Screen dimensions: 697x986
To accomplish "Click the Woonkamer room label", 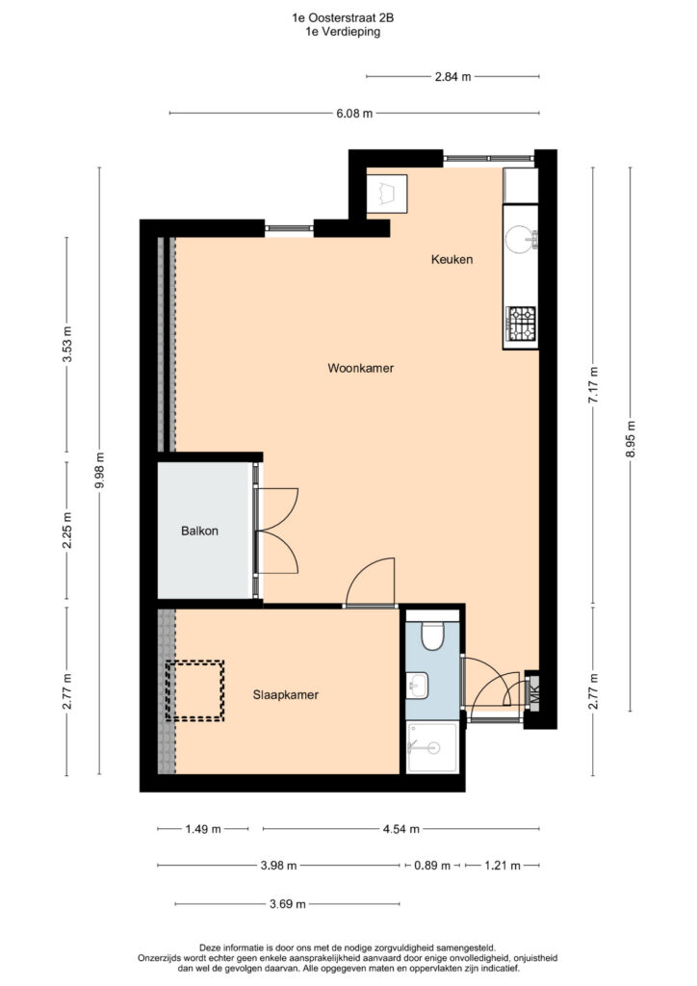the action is click(x=360, y=368).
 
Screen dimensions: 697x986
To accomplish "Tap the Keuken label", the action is click(x=452, y=259).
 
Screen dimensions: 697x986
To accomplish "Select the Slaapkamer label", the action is click(x=285, y=695).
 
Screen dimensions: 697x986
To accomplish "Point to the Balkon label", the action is click(x=199, y=531).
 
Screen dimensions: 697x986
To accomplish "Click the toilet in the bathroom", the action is click(x=432, y=635).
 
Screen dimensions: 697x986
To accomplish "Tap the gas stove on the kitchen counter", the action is click(x=521, y=324).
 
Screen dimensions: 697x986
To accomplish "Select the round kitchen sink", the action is click(x=519, y=240).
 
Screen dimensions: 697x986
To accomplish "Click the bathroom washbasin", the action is click(x=416, y=685).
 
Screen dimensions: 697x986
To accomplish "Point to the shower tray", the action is click(x=432, y=747).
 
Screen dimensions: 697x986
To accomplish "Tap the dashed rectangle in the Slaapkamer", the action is click(x=194, y=689).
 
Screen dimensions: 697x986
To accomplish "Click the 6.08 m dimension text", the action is click(x=354, y=114).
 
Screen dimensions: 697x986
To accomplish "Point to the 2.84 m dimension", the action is click(x=452, y=77).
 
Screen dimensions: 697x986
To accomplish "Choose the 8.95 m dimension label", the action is click(x=631, y=438).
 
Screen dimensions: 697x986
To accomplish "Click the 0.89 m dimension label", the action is click(x=432, y=866).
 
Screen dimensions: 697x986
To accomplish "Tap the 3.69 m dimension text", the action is click(x=287, y=904).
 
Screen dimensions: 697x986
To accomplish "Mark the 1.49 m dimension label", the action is click(x=203, y=829).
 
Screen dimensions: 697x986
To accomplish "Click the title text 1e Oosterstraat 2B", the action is click(x=343, y=18).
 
